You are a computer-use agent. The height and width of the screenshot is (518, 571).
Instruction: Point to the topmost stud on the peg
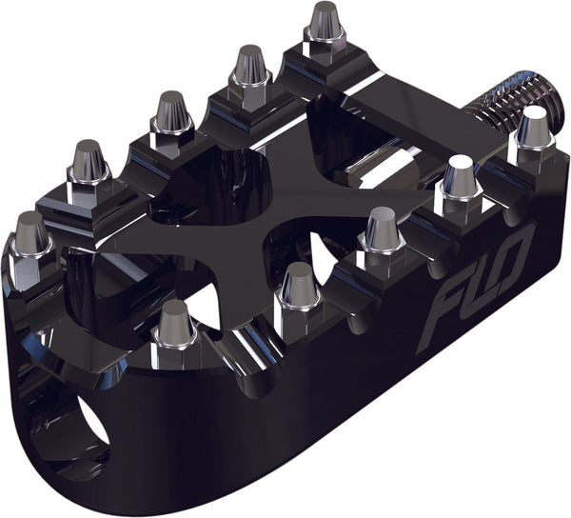325,23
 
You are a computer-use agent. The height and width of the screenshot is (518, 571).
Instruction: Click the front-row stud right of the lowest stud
299,286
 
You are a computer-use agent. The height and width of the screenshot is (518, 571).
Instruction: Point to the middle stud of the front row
382,230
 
